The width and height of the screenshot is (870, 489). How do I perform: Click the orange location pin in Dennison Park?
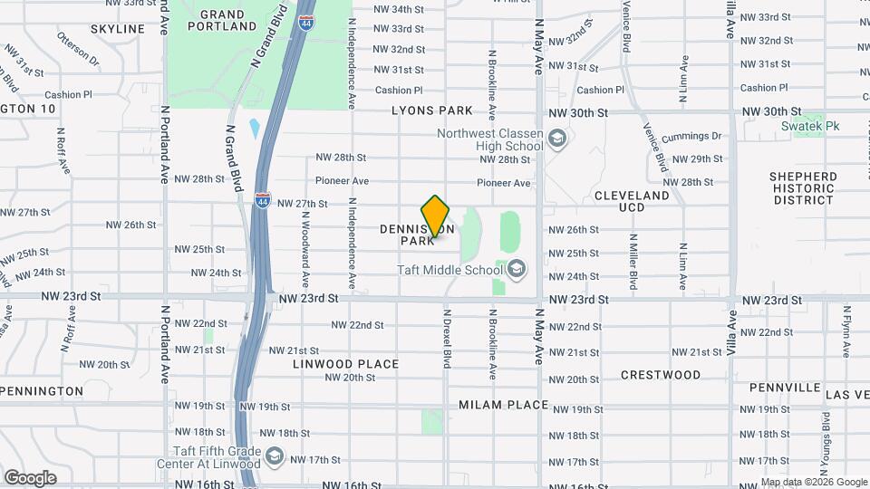436,218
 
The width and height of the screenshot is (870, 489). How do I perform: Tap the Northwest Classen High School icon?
556,139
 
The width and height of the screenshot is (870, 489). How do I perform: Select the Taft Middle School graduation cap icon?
516,269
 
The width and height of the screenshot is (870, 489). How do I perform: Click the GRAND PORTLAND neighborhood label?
222,21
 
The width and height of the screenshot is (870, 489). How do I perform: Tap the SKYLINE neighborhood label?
118,29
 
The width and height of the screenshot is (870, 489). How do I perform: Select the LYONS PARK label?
432,110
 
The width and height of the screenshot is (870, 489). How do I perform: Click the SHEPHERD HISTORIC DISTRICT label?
803,187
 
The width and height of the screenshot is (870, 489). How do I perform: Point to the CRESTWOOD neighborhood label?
661,374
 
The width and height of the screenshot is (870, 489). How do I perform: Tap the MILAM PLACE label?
503,405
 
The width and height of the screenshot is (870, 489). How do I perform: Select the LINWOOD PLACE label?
345,364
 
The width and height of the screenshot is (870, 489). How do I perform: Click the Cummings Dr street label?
691,137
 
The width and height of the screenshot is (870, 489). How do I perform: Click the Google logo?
30,477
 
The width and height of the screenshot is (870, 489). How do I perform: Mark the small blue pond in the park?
255,128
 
